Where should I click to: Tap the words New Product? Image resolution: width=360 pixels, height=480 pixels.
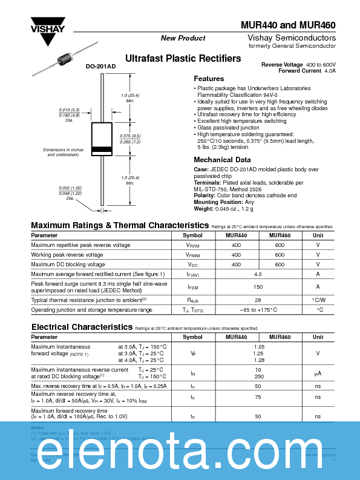pos(183,38)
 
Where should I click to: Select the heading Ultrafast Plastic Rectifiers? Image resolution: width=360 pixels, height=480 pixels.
pos(183,59)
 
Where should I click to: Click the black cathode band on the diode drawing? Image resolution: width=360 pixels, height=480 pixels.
pos(101,149)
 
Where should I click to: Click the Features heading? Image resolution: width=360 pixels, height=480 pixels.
pos(209,79)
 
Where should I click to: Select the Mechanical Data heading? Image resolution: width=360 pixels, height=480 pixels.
pos(221,160)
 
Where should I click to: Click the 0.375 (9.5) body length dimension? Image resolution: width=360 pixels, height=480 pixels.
pos(129,136)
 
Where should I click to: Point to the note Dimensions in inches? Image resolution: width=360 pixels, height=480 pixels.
pos(64,150)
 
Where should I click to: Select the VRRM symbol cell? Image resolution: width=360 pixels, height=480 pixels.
pos(192,245)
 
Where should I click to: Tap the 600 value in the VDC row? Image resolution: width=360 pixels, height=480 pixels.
pos(280,265)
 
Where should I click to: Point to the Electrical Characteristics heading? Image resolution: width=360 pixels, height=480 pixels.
pos(82,327)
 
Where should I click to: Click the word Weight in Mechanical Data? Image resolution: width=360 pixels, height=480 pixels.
pos(205,209)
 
